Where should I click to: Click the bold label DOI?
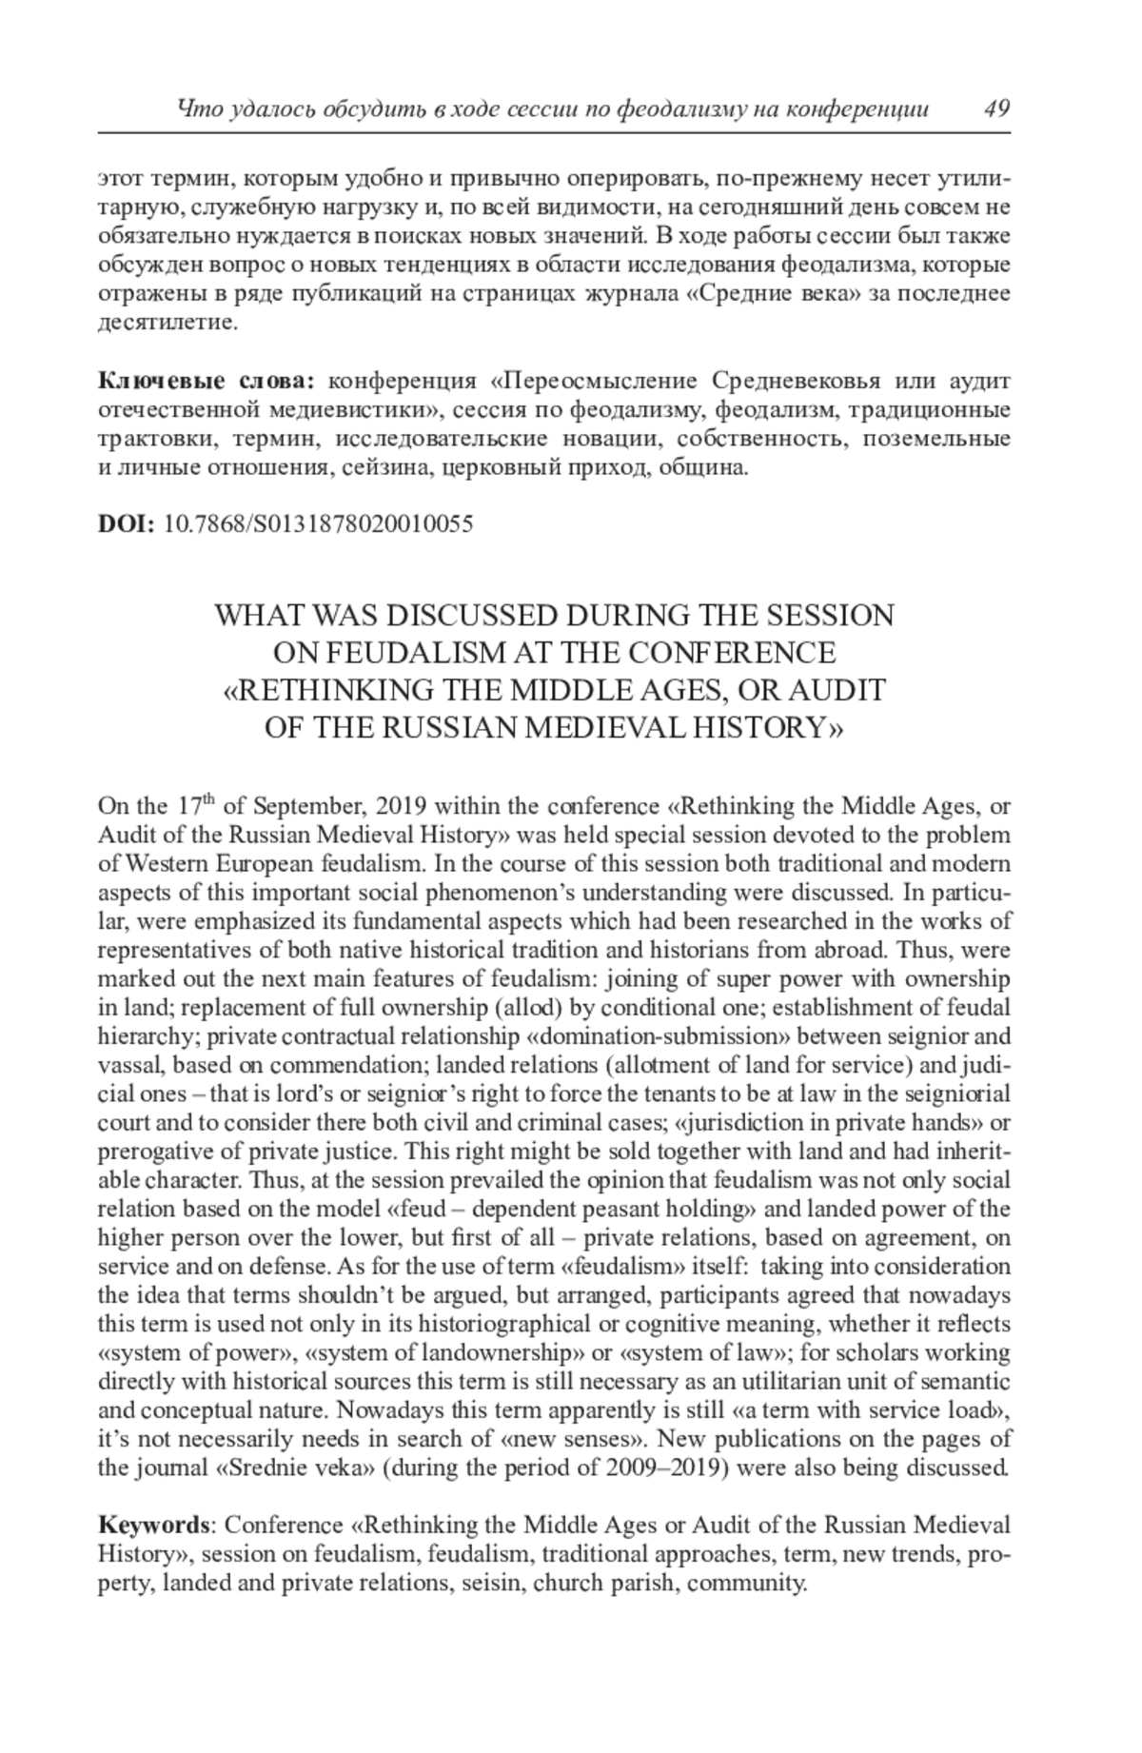pos(127,523)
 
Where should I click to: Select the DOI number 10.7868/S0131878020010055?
pos(319,523)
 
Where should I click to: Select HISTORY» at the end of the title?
pos(771,727)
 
